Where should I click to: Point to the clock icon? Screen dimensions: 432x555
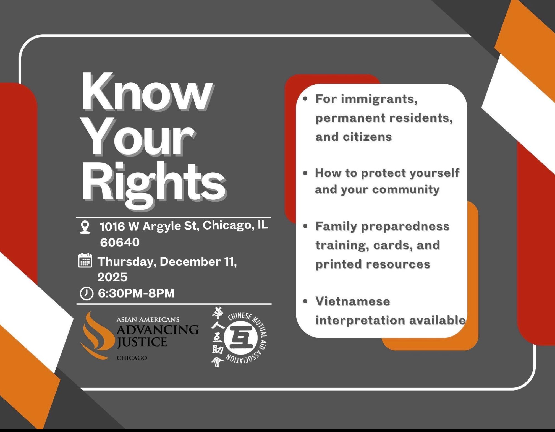[87, 293]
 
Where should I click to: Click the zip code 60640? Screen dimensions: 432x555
[120, 243]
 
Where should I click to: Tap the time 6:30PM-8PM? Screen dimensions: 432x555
[136, 293]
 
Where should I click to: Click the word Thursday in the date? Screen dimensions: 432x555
[127, 262]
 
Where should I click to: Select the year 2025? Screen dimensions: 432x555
[112, 277]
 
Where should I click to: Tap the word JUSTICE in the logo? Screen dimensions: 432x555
[142, 342]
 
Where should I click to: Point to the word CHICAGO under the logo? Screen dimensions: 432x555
[132, 358]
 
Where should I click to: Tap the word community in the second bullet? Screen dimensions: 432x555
[405, 190]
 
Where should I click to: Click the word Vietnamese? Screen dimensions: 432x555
[353, 301]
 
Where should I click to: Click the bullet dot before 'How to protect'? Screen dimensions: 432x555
[305, 173]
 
